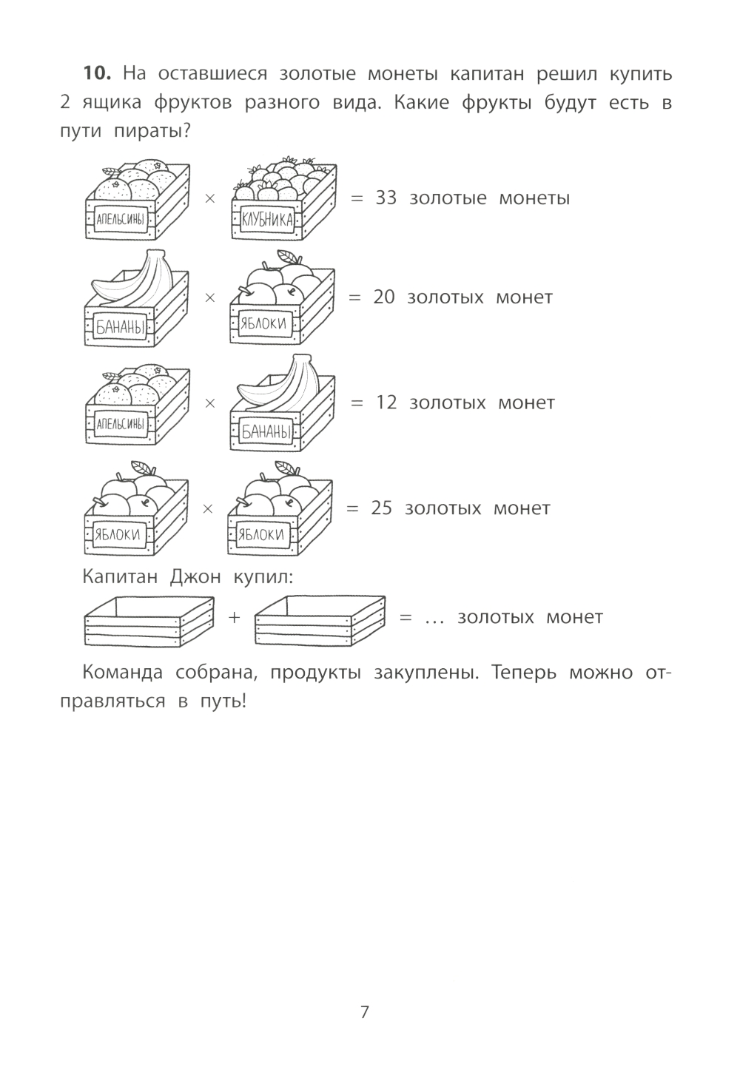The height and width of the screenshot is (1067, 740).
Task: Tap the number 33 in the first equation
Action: pos(386,198)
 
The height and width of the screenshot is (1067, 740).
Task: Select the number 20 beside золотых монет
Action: pos(384,297)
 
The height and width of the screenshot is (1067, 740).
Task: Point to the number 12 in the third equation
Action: pos(386,403)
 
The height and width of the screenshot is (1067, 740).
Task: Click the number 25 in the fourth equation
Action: pos(382,508)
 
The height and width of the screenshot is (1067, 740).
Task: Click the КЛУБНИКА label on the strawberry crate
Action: pos(267,220)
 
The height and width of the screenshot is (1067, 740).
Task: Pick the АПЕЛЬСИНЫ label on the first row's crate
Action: pos(121,219)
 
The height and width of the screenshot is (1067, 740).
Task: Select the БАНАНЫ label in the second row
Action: pos(120,327)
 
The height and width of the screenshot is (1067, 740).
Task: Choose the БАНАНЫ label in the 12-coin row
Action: pos(266,431)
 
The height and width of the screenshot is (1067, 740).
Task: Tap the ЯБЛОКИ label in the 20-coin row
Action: pos(263,323)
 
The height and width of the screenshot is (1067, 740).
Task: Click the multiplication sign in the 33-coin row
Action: pos(209,198)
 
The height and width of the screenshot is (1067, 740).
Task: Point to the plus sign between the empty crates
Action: pos(234,617)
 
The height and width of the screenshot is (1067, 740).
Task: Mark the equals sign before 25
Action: pos(351,508)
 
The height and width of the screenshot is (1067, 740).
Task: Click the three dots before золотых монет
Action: pos(434,621)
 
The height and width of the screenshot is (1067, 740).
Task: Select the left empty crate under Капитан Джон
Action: pos(149,621)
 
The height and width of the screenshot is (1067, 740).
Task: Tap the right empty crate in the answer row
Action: pos(320,621)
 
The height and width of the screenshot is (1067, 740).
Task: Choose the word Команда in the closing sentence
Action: pos(122,673)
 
